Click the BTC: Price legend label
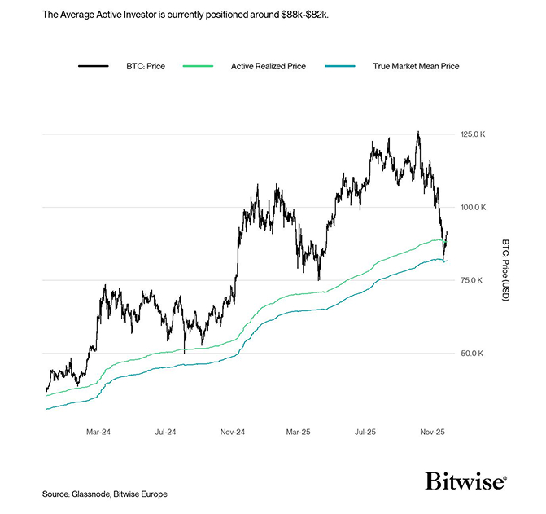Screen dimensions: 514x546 (x=144, y=65)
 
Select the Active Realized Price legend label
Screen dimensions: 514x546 (x=269, y=65)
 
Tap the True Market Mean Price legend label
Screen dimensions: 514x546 (x=416, y=65)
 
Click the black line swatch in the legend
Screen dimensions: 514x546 (x=94, y=65)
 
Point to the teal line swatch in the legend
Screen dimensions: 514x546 (x=339, y=65)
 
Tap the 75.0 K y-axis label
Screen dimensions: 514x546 (x=473, y=280)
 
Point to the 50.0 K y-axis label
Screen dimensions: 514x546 (x=473, y=354)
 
